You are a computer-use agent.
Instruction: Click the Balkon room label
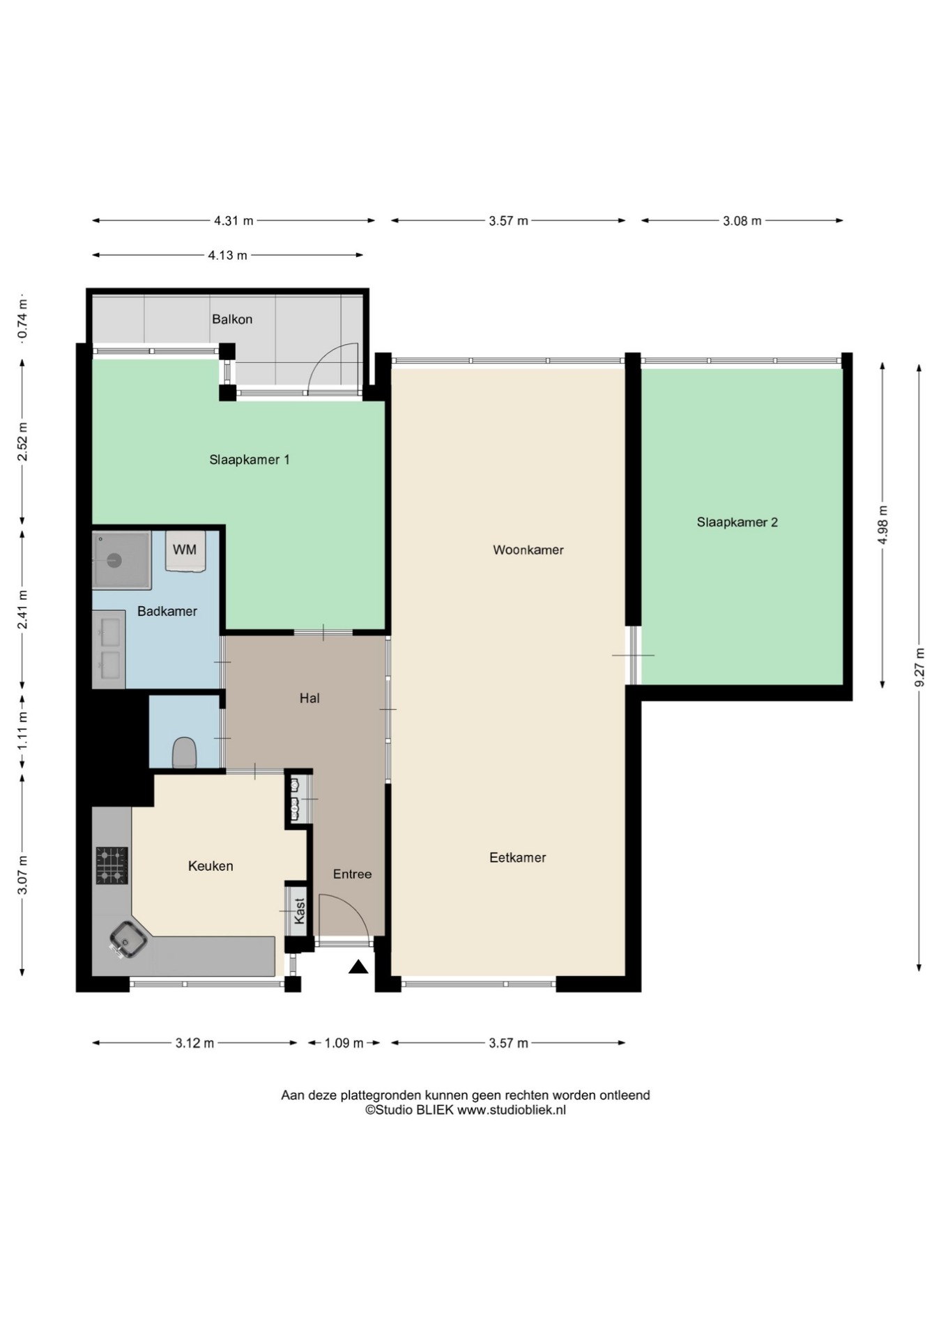click(232, 319)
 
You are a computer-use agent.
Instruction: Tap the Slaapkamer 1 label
click(250, 460)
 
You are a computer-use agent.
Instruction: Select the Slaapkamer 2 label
click(737, 523)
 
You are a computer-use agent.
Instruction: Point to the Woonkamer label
click(528, 550)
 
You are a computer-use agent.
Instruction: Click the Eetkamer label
click(518, 858)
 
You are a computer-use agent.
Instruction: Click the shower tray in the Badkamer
click(121, 560)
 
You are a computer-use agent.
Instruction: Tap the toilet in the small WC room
click(184, 752)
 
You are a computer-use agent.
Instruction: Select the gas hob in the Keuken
click(112, 865)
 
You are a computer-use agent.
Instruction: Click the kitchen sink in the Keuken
click(128, 939)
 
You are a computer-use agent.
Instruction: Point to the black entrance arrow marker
click(358, 966)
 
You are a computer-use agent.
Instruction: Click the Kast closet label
click(300, 911)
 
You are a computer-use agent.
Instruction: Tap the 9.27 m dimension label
click(919, 667)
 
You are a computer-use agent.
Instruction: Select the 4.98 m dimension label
click(883, 525)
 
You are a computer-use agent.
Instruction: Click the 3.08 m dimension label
click(742, 221)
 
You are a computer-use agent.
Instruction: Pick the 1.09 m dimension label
click(344, 1043)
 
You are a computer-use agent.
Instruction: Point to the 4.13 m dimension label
click(228, 255)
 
